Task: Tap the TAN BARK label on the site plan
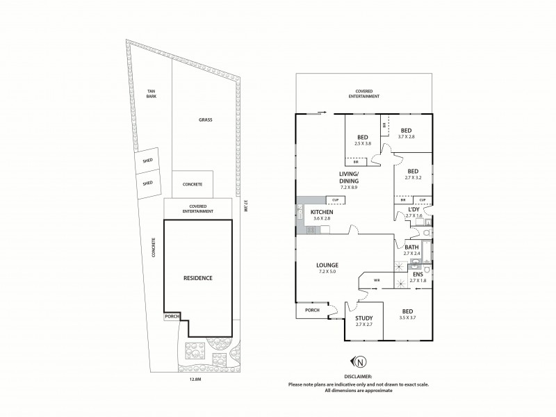(150, 94)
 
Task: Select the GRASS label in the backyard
(205, 120)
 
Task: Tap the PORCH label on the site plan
(171, 316)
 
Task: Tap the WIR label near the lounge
(377, 281)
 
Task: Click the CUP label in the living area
(335, 200)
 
